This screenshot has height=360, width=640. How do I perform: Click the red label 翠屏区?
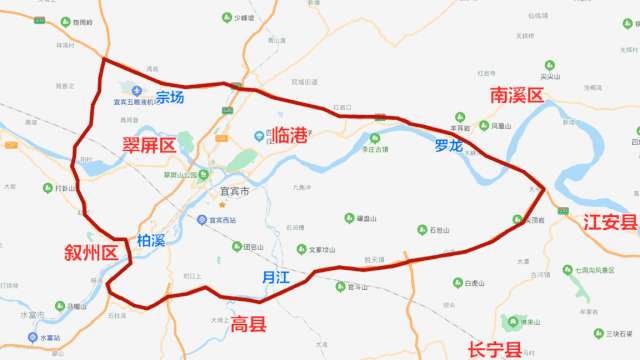click(x=148, y=146)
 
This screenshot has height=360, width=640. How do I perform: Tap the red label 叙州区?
click(x=92, y=252)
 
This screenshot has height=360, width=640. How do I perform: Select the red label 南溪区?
click(x=516, y=96)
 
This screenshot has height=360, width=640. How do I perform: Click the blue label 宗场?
click(x=170, y=98)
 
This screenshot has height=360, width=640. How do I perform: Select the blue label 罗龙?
click(x=449, y=146)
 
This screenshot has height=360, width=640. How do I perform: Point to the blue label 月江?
click(x=275, y=277)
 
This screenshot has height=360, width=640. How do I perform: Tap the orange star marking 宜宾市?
click(x=224, y=205)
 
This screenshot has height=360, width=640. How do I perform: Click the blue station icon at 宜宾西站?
click(x=203, y=220)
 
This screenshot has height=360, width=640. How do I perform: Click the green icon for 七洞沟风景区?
click(x=568, y=269)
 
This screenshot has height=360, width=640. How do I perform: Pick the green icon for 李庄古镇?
click(x=375, y=137)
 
